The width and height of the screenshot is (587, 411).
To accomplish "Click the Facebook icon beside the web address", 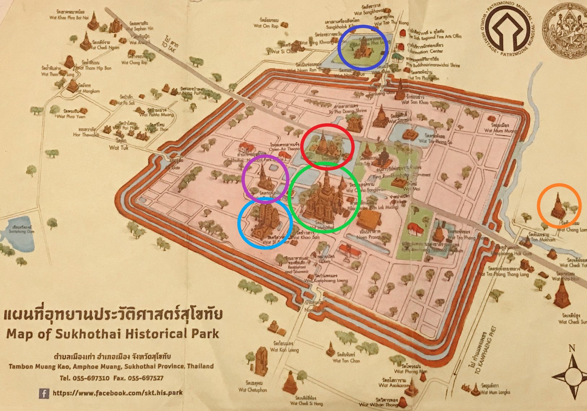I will (44, 393).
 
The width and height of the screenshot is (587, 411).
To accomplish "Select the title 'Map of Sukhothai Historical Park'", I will (113, 333).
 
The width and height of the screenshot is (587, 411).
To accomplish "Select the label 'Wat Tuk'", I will (118, 147).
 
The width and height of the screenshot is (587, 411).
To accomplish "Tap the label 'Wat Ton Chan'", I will (346, 360).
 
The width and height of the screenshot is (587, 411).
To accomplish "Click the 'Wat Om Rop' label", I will (266, 26).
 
